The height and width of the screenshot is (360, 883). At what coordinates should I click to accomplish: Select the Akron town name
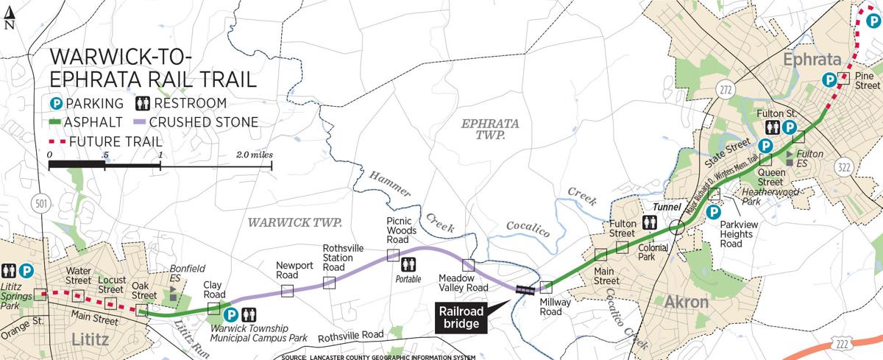click(686, 302)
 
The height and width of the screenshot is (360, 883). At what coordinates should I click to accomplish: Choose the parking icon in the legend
click(55, 103)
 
